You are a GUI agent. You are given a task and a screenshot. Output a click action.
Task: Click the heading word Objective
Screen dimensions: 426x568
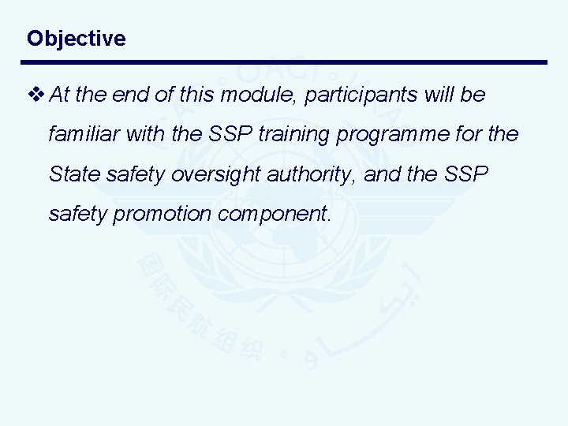[x=76, y=39]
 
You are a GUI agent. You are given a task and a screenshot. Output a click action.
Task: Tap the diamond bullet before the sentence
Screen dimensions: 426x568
[x=36, y=95]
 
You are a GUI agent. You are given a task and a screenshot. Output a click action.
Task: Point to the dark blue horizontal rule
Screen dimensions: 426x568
[x=284, y=62]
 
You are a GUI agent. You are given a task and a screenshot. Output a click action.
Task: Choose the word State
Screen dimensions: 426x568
[x=70, y=173]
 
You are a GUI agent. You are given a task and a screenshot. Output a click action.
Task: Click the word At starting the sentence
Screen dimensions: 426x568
[x=58, y=95]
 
